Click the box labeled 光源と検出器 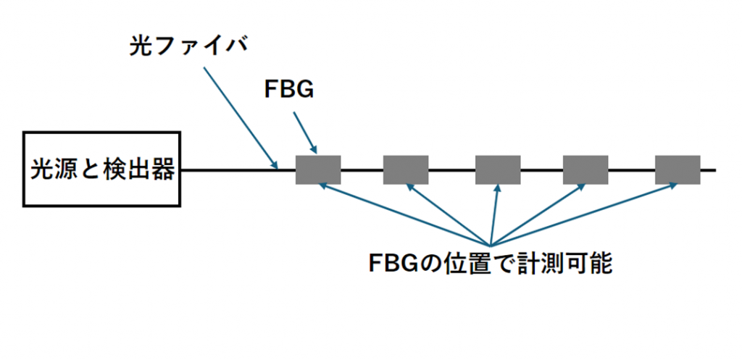click(101, 169)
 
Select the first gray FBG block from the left click(318, 169)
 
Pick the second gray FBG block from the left click(406, 169)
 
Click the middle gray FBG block click(498, 169)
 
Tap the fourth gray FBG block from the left click(585, 169)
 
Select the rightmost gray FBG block click(678, 169)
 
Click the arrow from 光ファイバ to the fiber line click(240, 117)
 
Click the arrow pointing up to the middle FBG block click(495, 214)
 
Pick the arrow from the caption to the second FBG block click(449, 214)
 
